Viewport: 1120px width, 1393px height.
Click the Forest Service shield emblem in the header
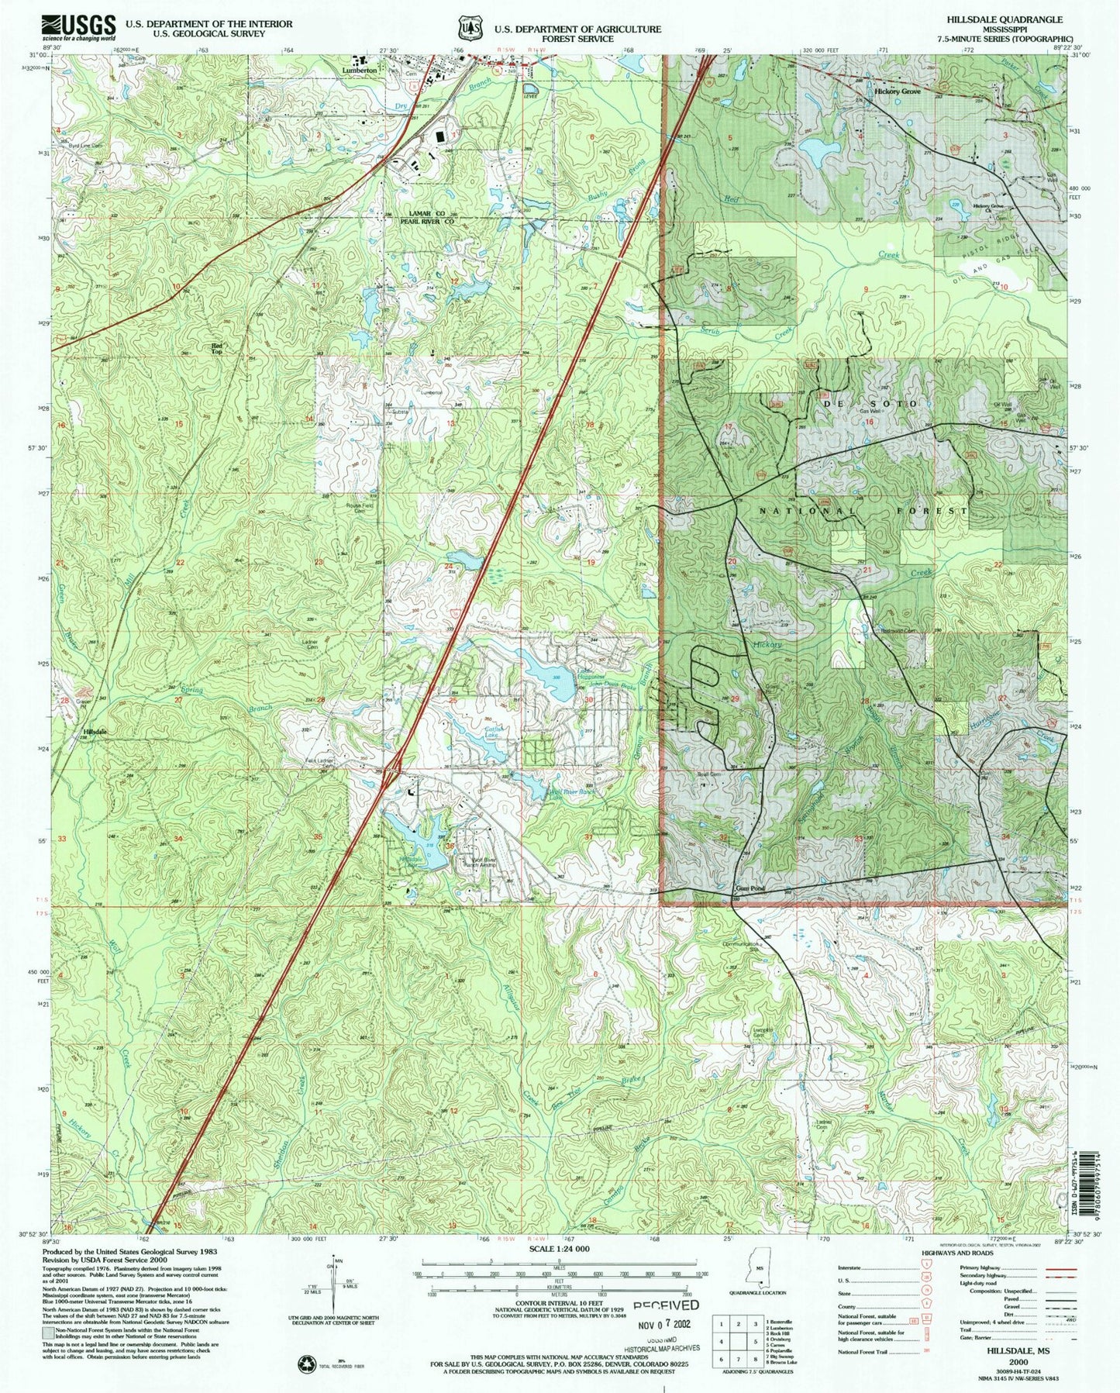[x=467, y=29]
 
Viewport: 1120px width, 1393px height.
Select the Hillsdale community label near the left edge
[x=95, y=731]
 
